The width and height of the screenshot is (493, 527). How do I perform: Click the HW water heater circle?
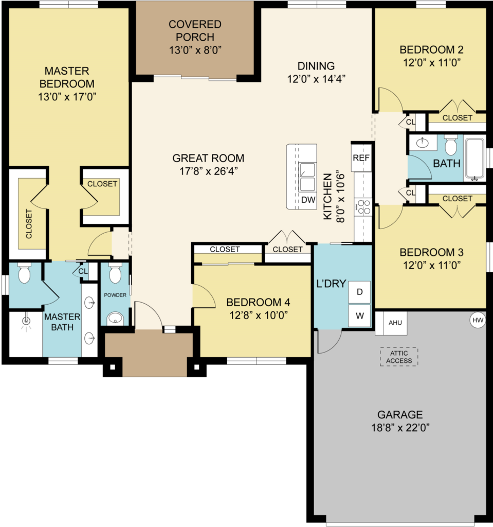pyautogui.click(x=478, y=320)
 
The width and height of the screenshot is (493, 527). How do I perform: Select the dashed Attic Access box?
pyautogui.click(x=399, y=357)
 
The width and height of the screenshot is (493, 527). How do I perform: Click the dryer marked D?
pyautogui.click(x=359, y=292)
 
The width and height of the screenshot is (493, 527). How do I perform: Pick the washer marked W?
pyautogui.click(x=359, y=315)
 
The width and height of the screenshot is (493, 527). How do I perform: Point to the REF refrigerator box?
pyautogui.click(x=361, y=157)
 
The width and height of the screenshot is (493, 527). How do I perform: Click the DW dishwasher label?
pyautogui.click(x=308, y=200)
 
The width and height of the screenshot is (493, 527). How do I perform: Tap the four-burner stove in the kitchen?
pyautogui.click(x=363, y=207)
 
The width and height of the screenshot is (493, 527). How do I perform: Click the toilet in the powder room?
pyautogui.click(x=115, y=274)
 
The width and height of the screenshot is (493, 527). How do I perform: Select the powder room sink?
pyautogui.click(x=115, y=318)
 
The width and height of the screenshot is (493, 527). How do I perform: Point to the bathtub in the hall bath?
pyautogui.click(x=474, y=159)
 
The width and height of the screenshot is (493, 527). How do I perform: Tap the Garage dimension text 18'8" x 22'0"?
pyautogui.click(x=400, y=428)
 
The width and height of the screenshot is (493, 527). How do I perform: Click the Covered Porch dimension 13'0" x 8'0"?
pyautogui.click(x=195, y=50)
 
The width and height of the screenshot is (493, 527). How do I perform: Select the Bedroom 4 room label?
pyautogui.click(x=258, y=303)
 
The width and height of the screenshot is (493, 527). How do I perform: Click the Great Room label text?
pyautogui.click(x=208, y=158)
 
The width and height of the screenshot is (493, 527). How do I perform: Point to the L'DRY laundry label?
pyautogui.click(x=331, y=284)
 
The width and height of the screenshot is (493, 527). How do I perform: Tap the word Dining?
pyautogui.click(x=316, y=66)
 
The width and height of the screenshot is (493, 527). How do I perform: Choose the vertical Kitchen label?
pyautogui.click(x=327, y=197)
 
